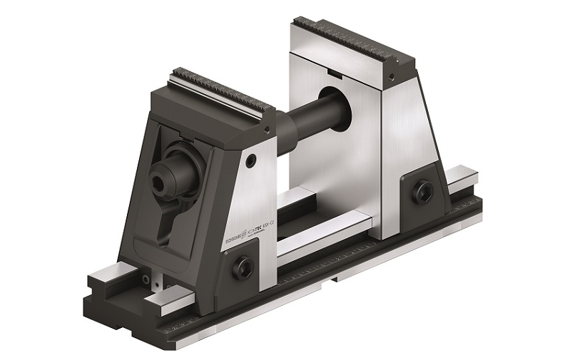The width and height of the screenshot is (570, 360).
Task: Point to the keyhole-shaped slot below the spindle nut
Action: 166,222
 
